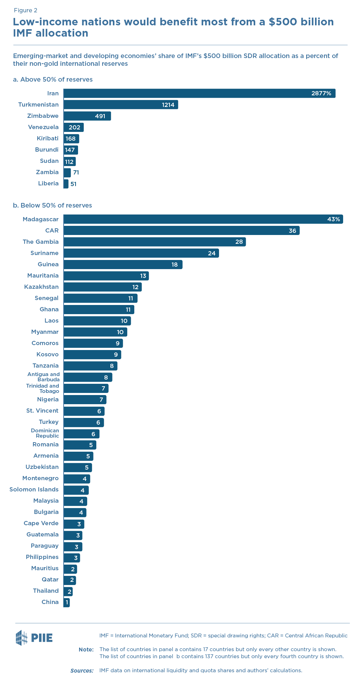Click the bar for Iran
pos(199,93)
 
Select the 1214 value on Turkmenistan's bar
pos(168,105)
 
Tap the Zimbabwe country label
pos(43,116)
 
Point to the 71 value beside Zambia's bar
pos(76,172)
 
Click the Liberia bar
pos(66,184)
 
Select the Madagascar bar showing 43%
pos(203,219)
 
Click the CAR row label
pos(52,230)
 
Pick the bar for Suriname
pos(141,253)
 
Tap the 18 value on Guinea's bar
pos(174,265)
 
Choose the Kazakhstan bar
pos(102,287)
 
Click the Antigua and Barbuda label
pos(44,377)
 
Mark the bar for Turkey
pos(84,422)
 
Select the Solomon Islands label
pos(34,489)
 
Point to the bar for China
pos(66,602)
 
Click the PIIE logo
pos(34,637)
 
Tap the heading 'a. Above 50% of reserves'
pos(53,80)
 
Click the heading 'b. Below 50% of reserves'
pos(52,205)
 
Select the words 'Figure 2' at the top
pos(25,11)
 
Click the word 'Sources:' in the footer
pos(82,670)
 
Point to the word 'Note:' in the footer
pos(86,649)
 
